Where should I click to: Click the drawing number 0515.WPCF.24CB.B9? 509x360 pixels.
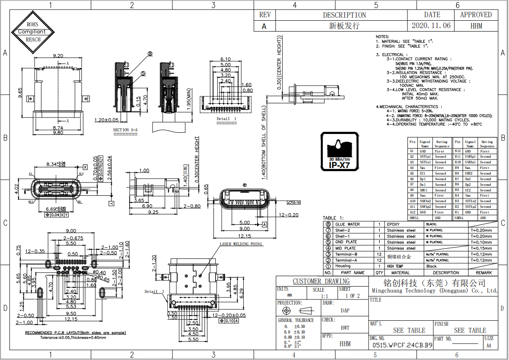click(x=401, y=345)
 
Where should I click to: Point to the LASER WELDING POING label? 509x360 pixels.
click(x=241, y=244)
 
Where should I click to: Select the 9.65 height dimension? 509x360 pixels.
click(x=20, y=93)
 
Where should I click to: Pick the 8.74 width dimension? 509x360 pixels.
click(x=57, y=128)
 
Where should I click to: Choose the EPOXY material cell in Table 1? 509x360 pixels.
click(x=394, y=224)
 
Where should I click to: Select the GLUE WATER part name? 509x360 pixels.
click(x=347, y=224)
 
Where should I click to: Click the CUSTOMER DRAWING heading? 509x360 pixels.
click(x=321, y=281)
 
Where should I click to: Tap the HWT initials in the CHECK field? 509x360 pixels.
click(x=345, y=328)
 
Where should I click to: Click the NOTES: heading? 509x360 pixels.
click(x=382, y=37)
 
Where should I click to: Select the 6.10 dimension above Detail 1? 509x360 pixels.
click(x=225, y=59)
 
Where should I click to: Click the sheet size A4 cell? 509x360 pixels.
click(x=489, y=345)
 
